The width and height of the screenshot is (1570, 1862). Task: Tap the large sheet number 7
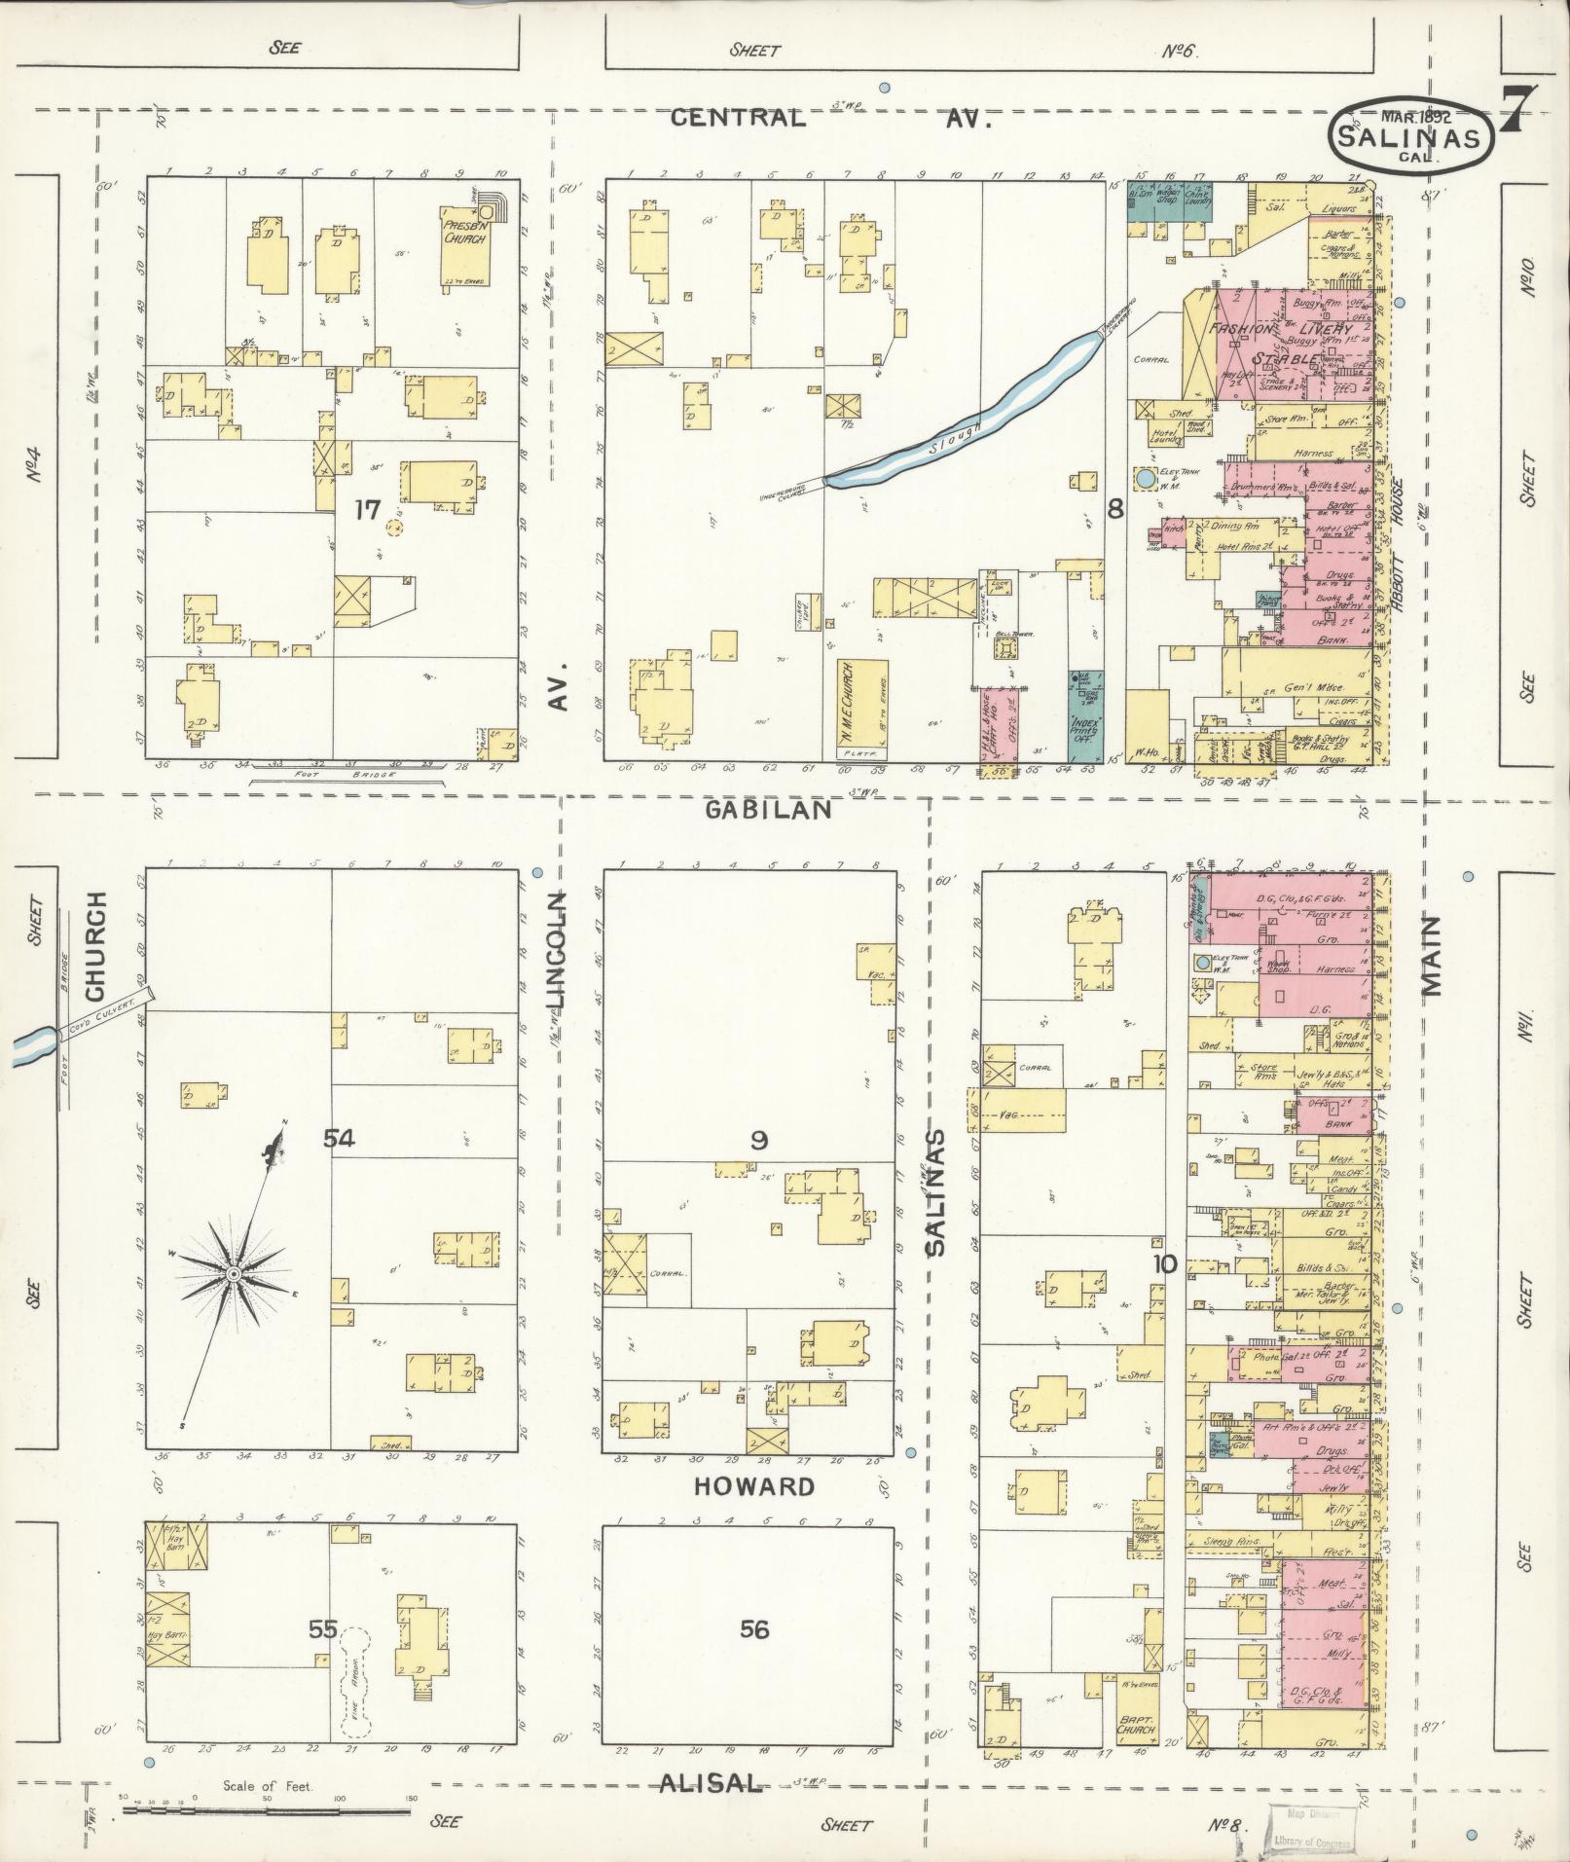[1518, 112]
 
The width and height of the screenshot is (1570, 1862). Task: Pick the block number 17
[366, 509]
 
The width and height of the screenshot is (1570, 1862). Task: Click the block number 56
[754, 1628]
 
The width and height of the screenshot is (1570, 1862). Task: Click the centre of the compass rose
[234, 1273]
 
